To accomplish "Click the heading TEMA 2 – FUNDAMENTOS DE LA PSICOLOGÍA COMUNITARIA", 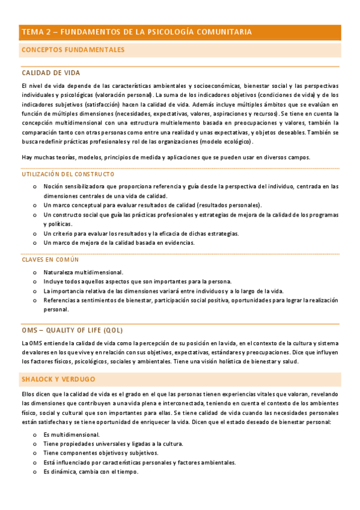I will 136,32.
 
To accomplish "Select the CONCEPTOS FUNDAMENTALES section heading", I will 73,50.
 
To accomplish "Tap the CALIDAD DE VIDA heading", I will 50,72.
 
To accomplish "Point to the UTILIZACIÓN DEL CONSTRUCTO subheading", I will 67,174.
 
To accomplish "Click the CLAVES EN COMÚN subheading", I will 50,260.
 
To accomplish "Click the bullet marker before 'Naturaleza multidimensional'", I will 35,272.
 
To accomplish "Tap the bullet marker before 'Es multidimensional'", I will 35,435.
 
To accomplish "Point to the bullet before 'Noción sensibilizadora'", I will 35,186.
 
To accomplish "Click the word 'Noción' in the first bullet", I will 53,186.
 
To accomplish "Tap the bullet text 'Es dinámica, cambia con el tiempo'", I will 91,472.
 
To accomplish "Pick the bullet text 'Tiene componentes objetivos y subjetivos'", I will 101,453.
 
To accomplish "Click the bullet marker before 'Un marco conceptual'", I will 35,205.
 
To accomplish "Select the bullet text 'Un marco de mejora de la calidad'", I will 119,243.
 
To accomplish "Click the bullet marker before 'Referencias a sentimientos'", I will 35,301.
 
